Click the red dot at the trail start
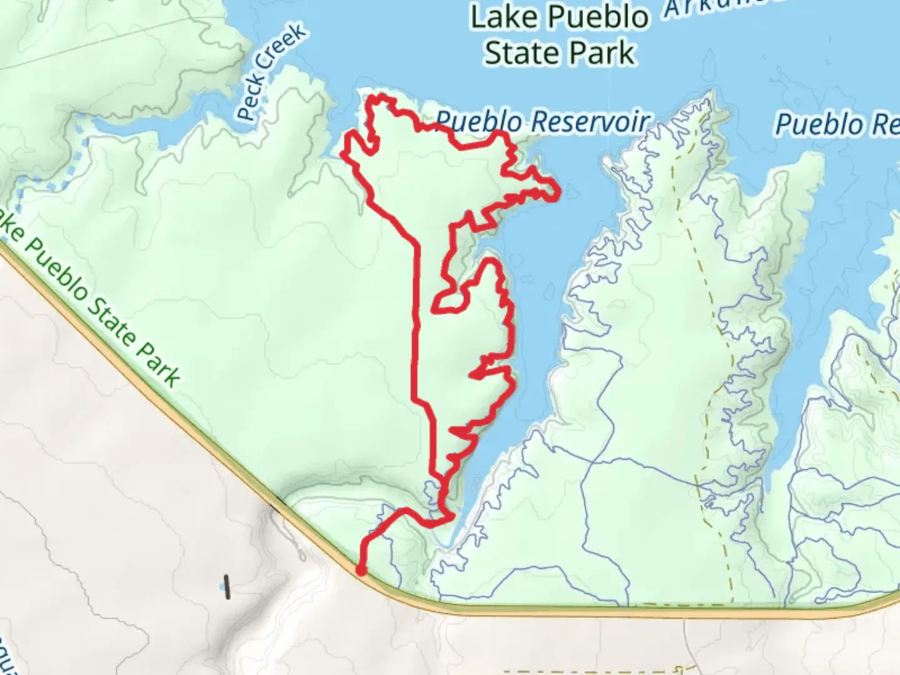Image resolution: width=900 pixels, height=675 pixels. (361, 569)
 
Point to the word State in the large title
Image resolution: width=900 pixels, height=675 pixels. (524, 52)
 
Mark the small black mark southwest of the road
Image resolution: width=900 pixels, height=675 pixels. (227, 586)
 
